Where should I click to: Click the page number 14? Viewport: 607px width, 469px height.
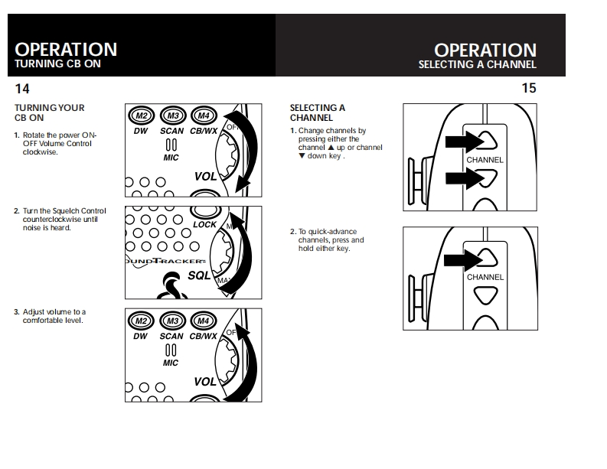22,88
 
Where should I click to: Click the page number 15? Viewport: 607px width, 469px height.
529,88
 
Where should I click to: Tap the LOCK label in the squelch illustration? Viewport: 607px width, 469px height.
205,225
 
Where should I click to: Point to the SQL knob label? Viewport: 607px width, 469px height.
199,275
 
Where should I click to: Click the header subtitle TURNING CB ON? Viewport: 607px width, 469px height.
57,64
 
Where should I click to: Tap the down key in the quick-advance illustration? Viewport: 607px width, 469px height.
485,296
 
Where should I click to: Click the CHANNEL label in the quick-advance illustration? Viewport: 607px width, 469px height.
485,277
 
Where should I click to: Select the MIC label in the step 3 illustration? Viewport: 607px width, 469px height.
171,363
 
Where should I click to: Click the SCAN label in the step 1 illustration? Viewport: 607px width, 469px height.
171,132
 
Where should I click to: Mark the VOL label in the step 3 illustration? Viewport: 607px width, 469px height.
204,381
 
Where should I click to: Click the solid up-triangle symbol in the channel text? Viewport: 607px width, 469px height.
331,148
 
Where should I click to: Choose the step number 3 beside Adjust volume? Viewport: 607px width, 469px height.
17,312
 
